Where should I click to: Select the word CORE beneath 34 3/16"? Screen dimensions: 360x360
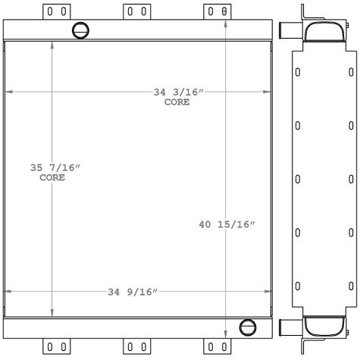click(x=177, y=102)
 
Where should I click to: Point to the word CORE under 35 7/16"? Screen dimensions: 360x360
click(x=52, y=178)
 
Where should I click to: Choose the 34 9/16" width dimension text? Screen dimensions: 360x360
click(x=133, y=291)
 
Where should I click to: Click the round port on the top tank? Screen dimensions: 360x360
click(x=80, y=30)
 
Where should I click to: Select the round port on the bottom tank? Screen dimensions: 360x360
click(x=247, y=327)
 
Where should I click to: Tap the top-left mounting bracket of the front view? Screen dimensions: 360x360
click(x=55, y=11)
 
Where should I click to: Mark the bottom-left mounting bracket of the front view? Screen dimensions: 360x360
click(x=55, y=347)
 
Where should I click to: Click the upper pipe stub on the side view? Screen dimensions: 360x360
click(x=288, y=31)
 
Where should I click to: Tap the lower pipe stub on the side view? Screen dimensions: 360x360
click(x=288, y=327)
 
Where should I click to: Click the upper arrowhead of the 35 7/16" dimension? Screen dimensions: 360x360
click(x=52, y=45)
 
